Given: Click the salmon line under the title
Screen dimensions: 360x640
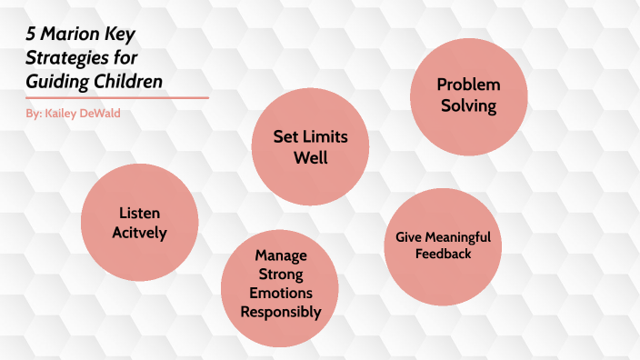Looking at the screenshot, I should click(x=118, y=97).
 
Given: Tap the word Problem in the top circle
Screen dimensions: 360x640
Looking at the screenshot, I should click(x=468, y=85).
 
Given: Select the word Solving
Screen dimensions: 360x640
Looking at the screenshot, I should click(x=468, y=105).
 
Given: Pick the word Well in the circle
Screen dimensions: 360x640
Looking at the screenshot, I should click(x=310, y=157).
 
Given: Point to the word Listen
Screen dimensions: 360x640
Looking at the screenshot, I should click(x=139, y=212).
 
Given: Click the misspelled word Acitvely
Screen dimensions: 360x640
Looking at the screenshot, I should click(x=139, y=232).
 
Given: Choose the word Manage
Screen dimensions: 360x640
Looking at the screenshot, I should click(x=280, y=255).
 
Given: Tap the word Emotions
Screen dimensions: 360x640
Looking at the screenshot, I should click(x=280, y=293).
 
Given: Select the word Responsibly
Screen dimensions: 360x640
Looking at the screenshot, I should click(x=280, y=312).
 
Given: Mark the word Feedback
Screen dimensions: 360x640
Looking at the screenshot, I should click(x=443, y=255).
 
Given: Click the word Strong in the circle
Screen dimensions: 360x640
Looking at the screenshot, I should click(x=280, y=274).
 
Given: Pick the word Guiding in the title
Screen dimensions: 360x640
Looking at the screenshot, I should click(x=57, y=81).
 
